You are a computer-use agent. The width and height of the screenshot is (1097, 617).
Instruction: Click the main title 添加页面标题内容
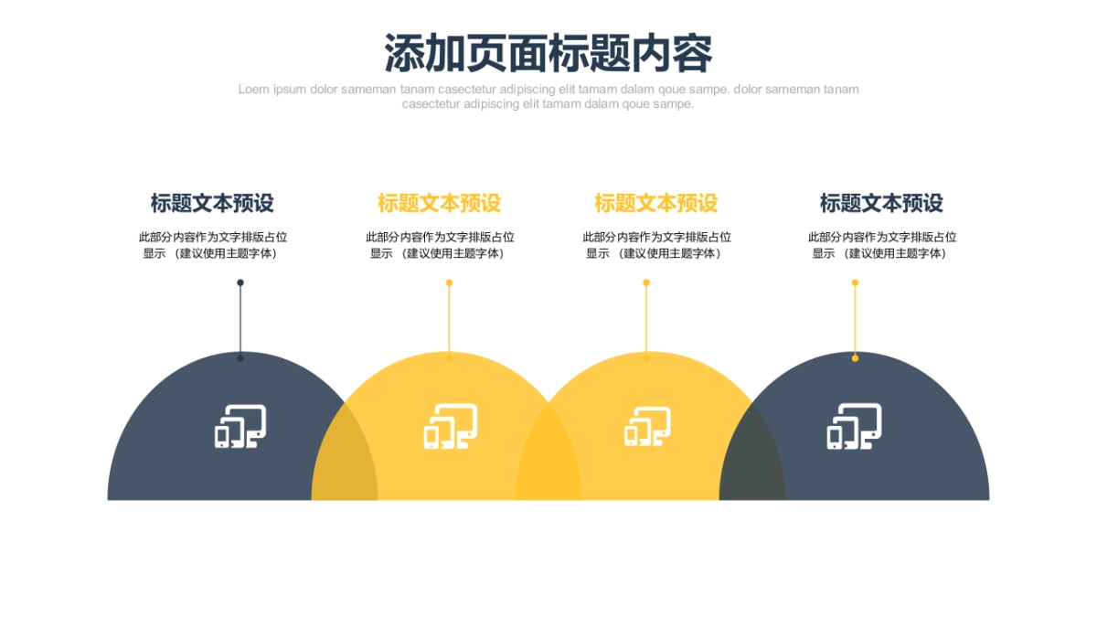click(548, 53)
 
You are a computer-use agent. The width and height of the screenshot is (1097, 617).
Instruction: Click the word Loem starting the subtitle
click(253, 90)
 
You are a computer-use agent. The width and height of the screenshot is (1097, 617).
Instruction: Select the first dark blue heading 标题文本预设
click(212, 203)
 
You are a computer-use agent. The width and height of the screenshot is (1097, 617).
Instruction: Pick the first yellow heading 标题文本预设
click(439, 203)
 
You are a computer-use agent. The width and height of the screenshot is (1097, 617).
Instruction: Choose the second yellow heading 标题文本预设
click(655, 203)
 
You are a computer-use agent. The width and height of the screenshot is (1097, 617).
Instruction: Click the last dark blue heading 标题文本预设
click(881, 203)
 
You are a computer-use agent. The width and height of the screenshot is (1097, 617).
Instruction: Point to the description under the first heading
click(212, 245)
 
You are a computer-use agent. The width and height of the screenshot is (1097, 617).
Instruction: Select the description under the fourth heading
click(881, 245)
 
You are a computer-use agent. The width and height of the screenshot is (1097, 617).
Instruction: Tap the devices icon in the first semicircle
click(240, 427)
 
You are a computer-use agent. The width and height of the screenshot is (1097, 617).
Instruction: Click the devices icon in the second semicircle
click(450, 427)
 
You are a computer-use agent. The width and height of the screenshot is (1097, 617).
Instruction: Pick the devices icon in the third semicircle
click(647, 427)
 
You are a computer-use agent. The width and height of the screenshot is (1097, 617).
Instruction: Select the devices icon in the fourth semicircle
click(855, 427)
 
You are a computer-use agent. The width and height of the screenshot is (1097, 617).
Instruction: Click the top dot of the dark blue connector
click(240, 282)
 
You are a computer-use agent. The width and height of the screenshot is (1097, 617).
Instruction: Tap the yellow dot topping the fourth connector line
click(855, 282)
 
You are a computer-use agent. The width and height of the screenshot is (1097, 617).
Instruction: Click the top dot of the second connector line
click(449, 282)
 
